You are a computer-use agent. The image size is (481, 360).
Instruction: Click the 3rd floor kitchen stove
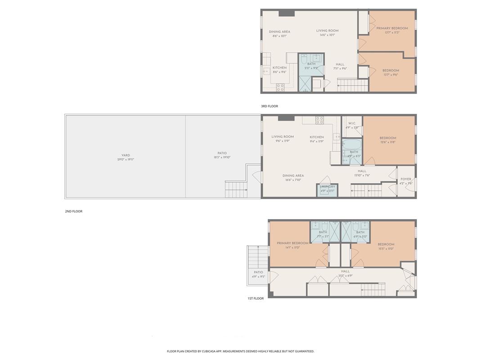(x=280, y=87)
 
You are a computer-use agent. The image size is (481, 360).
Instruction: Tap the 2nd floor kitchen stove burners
(x=319, y=120)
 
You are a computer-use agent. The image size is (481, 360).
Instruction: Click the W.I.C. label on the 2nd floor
(x=351, y=123)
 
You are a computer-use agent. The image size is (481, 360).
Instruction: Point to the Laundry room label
(x=328, y=186)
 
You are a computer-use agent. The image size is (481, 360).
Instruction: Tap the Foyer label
(x=406, y=179)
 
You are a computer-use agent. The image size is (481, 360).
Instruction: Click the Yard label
(x=126, y=155)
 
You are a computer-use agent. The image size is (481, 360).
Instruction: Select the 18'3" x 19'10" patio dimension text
(x=222, y=157)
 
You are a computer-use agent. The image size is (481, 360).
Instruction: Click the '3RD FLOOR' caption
(x=270, y=106)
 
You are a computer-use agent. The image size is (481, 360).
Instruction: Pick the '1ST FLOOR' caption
(x=255, y=298)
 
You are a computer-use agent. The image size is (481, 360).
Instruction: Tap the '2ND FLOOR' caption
(x=73, y=211)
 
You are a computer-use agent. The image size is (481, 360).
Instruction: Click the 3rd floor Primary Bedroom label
(x=392, y=28)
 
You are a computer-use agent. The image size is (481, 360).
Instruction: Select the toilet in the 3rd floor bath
(x=304, y=59)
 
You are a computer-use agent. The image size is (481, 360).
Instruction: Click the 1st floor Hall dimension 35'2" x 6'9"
(x=345, y=276)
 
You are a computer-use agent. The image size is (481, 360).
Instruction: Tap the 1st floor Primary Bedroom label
(x=292, y=243)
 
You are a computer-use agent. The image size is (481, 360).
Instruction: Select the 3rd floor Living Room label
(x=327, y=31)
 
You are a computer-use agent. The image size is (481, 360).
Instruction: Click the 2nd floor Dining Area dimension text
(x=293, y=180)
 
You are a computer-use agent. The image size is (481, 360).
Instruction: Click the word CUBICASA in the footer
(x=208, y=351)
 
